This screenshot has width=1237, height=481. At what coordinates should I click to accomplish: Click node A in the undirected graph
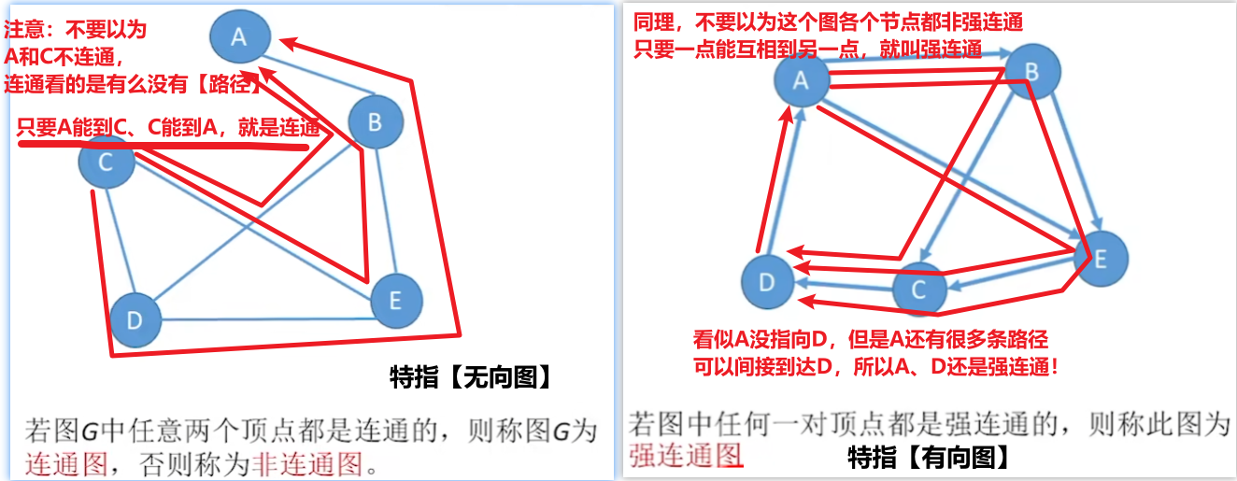pyautogui.click(x=239, y=37)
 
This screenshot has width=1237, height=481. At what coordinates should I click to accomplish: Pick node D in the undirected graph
pyautogui.click(x=135, y=320)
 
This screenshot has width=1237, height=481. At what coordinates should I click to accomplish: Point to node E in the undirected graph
pyautogui.click(x=396, y=301)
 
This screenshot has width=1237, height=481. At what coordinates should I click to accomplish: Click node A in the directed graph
pyautogui.click(x=801, y=80)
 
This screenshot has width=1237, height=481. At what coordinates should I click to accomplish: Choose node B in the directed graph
pyautogui.click(x=1031, y=72)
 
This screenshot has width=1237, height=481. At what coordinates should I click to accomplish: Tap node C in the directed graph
pyautogui.click(x=918, y=290)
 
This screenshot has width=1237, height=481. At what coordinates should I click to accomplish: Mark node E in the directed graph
pyautogui.click(x=1100, y=259)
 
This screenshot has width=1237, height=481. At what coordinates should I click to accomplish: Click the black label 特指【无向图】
pyautogui.click(x=469, y=377)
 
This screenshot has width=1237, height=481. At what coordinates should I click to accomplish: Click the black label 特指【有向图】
pyautogui.click(x=927, y=457)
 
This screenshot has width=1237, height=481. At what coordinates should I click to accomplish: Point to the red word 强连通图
pyautogui.click(x=686, y=455)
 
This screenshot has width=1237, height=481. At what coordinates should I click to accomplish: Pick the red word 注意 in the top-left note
pyautogui.click(x=24, y=30)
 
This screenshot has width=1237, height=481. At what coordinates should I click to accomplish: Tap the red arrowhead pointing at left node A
pyautogui.click(x=288, y=41)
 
